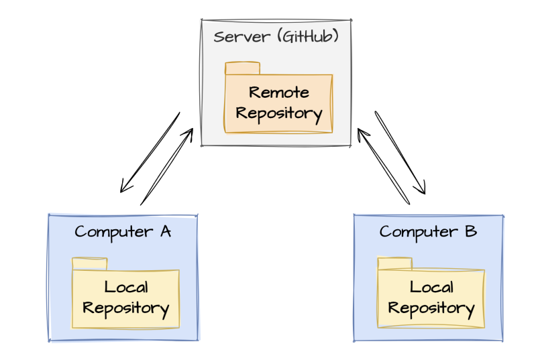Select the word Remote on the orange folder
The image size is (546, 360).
click(278, 92)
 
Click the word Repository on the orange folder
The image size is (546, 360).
click(278, 113)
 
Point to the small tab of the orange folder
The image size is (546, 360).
click(242, 68)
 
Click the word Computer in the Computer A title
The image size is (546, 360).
click(113, 232)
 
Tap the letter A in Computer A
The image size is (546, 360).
click(164, 232)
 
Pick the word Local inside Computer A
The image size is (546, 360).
click(126, 288)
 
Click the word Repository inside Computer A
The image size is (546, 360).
click(126, 308)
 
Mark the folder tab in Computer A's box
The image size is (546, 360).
click(89, 263)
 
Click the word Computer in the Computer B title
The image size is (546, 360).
click(417, 232)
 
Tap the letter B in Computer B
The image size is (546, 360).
click(470, 232)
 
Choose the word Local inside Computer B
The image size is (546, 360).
click(431, 288)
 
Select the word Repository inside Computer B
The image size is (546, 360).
click(431, 308)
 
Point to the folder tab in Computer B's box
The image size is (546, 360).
click(394, 263)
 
